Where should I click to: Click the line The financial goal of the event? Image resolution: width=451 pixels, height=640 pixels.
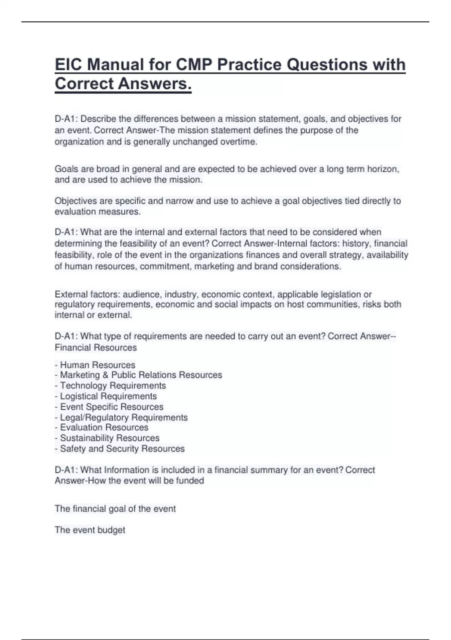coord(115,509)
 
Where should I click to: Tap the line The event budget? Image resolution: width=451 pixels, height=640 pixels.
coord(90,530)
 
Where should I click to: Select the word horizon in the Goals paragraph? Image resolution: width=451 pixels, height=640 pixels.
coord(383,169)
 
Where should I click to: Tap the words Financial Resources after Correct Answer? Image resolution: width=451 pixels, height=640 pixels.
coord(96,347)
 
